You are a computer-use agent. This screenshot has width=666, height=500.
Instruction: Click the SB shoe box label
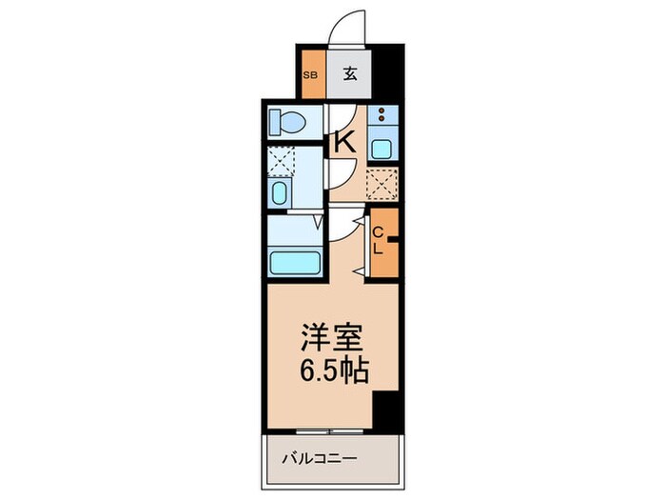click(x=310, y=74)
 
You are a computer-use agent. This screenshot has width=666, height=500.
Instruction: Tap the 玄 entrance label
click(x=349, y=74)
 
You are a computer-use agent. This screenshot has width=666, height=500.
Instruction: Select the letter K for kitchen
click(x=343, y=143)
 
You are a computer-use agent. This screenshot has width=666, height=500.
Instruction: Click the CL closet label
click(x=378, y=241)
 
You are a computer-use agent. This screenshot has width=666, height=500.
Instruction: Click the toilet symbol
click(x=286, y=122)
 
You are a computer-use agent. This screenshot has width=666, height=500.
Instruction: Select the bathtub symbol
click(x=294, y=262)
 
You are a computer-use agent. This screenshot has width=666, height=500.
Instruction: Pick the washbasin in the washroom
click(x=279, y=193)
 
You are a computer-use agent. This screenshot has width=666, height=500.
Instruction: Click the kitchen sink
click(x=382, y=148)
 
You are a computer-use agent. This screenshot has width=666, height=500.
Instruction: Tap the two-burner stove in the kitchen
click(x=382, y=116)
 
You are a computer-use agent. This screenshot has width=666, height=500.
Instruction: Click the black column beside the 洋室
click(x=384, y=409)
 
